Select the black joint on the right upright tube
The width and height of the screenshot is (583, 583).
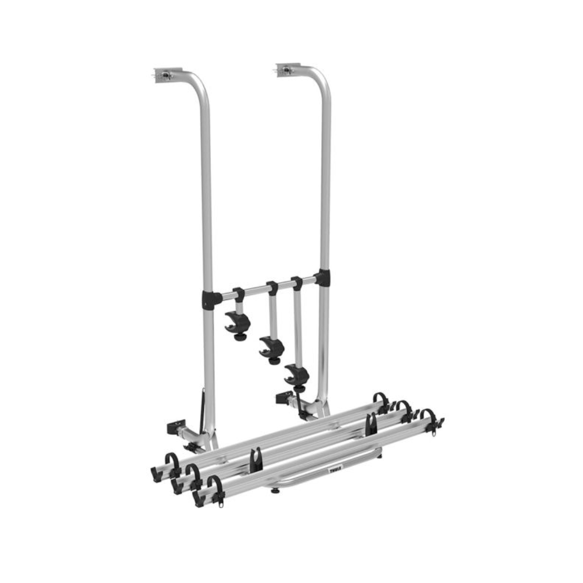pyautogui.click(x=321, y=279)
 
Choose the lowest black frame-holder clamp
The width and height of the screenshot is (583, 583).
pyautogui.click(x=297, y=372)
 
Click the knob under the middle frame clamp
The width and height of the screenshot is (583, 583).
pyautogui.click(x=275, y=360)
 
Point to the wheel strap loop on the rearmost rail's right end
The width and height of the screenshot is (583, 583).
pyautogui.click(x=379, y=401)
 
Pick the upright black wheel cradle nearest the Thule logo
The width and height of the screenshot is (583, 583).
pyautogui.click(x=256, y=459)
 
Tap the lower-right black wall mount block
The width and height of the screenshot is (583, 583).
pyautogui.click(x=281, y=398)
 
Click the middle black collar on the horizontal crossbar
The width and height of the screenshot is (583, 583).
pyautogui.click(x=272, y=288)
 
